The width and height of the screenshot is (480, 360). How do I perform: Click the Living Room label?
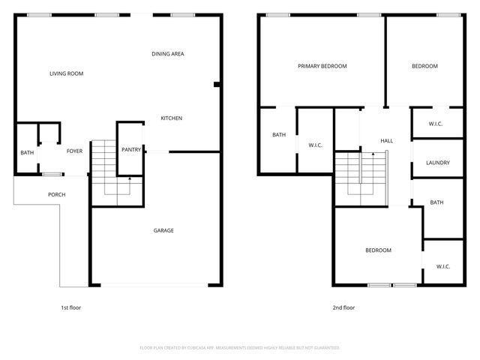[x=66, y=73]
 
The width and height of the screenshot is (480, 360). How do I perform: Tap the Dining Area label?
[x=168, y=54]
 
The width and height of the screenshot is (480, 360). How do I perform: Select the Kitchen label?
[x=171, y=118]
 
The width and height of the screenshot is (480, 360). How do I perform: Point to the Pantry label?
[x=131, y=150]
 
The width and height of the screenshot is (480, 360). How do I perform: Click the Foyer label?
[x=74, y=151]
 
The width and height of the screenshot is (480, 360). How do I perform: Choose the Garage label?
[x=163, y=230]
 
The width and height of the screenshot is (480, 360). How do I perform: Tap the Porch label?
[x=56, y=195]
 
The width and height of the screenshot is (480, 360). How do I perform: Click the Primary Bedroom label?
[x=322, y=66]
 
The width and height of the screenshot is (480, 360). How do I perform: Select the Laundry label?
[x=437, y=163]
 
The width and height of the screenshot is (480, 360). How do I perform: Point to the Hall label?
[x=387, y=141]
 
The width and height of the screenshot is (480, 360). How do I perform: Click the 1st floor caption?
[x=70, y=307]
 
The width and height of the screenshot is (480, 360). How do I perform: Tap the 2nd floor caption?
[x=343, y=307]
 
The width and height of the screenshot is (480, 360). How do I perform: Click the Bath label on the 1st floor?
[x=27, y=153]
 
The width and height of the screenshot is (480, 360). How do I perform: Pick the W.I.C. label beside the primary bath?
[x=315, y=145]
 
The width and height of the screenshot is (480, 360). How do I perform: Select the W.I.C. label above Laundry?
[x=437, y=124]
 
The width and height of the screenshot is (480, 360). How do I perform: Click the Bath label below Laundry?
[x=436, y=202]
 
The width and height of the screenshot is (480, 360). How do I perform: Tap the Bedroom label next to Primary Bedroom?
[x=424, y=66]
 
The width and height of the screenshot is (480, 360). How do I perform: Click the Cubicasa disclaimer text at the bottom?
[x=240, y=348]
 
